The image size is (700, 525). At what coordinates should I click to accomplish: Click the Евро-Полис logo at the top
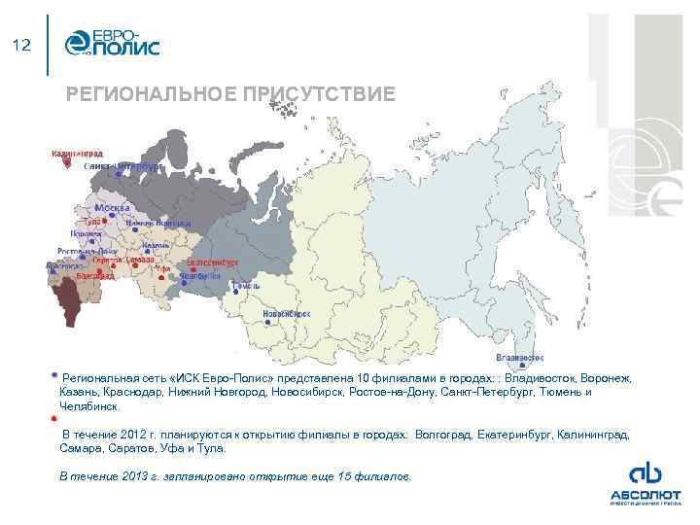tap(112, 44)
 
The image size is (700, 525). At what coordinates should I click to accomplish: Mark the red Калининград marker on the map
tap(65, 162)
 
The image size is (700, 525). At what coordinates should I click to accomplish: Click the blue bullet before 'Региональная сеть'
tap(54, 373)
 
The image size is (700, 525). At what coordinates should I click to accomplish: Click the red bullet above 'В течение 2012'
tap(54, 418)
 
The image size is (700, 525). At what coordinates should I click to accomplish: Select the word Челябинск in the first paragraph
tap(89, 406)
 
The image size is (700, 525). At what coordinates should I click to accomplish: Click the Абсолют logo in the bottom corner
tap(645, 482)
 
